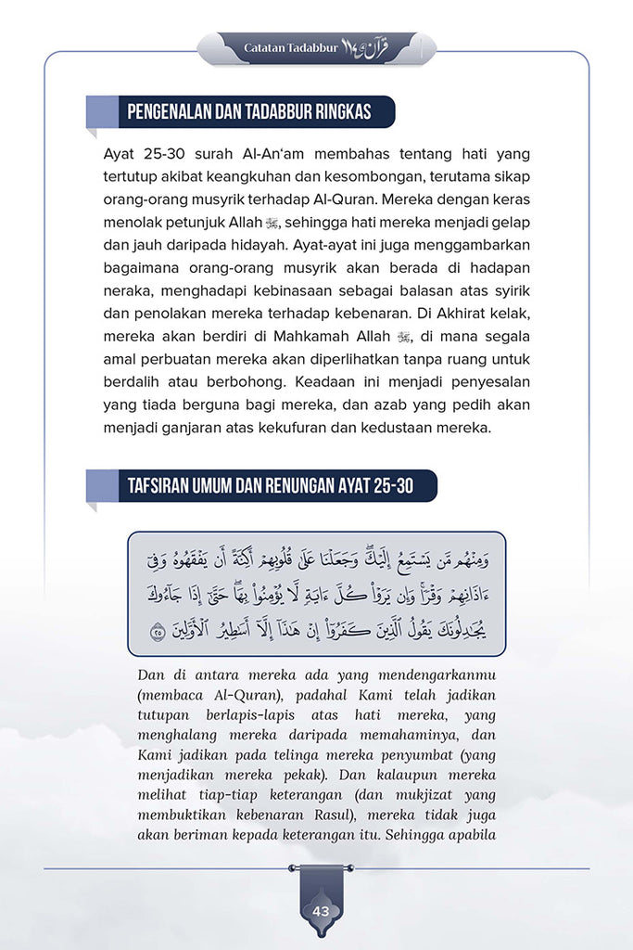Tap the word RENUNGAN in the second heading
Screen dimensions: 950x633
point(304,486)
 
